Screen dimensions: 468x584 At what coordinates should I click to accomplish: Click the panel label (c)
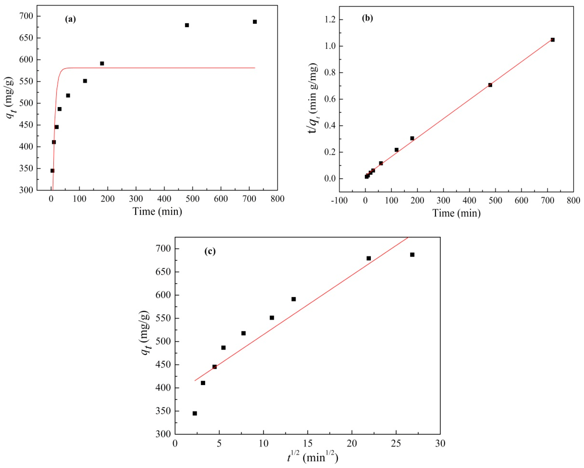(210, 251)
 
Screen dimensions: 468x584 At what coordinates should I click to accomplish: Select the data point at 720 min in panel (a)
(255, 22)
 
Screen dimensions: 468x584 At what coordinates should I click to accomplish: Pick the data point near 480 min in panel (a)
(187, 25)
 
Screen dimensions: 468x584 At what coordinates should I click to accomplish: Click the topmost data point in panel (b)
(553, 40)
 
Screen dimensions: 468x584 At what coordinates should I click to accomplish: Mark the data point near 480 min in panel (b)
(490, 85)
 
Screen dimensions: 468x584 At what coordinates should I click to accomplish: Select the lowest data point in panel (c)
(195, 413)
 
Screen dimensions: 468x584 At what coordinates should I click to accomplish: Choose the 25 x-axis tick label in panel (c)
(396, 444)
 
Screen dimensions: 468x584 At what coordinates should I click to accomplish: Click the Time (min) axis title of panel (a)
(157, 211)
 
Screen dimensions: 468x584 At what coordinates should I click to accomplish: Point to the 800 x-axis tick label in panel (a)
(277, 199)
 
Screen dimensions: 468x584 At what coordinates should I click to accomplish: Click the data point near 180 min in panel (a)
(102, 63)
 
